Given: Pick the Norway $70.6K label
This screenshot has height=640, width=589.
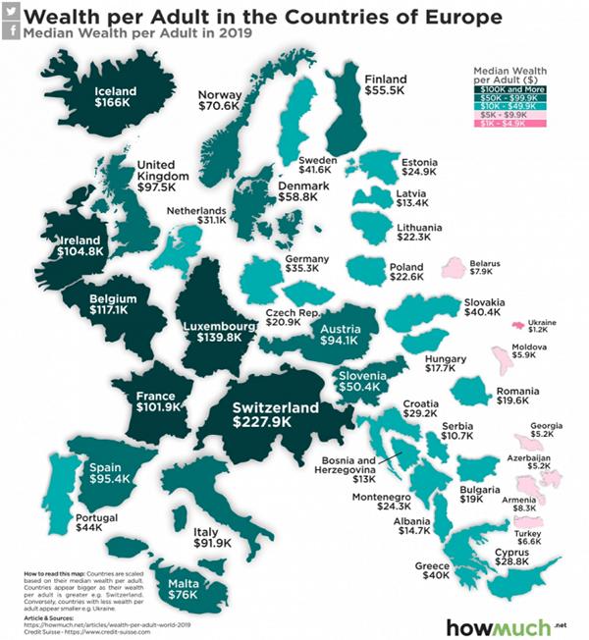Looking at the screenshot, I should coord(219,99).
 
